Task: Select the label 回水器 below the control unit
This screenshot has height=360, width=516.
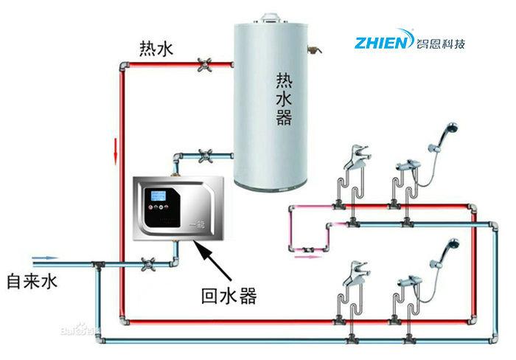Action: pos(229,297)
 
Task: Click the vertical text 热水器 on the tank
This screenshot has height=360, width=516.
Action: pos(284,97)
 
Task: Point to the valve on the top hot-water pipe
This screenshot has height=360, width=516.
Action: pos(203,66)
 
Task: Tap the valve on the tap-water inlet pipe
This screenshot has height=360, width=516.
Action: pos(148,263)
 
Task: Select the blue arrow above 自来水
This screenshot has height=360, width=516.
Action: pos(44,258)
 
